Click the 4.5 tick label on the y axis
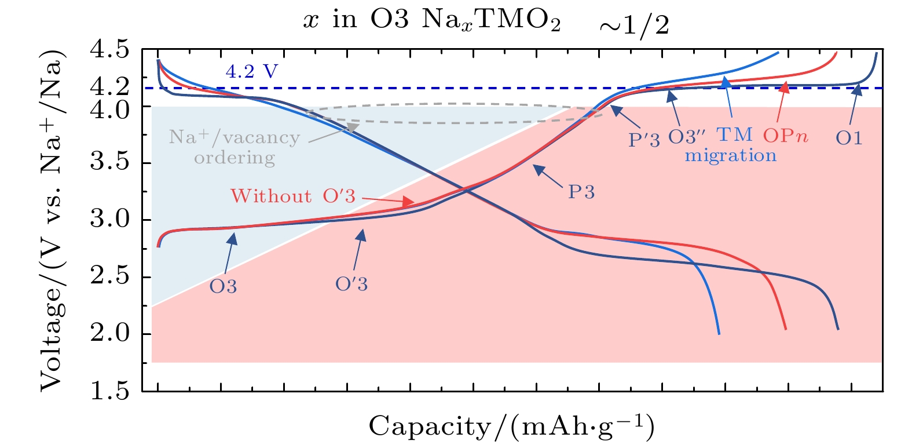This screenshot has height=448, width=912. coord(109,50)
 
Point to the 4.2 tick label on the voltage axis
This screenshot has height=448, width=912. coord(109,87)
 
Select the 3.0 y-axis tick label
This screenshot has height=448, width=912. coord(109,220)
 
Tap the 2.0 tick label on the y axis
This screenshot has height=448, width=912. coord(109,334)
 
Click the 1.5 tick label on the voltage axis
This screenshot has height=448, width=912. coord(109,391)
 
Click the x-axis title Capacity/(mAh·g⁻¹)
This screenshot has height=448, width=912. coord(512,427)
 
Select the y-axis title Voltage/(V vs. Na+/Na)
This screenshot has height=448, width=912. coord(52,220)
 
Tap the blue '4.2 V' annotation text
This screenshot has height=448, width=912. coord(252,72)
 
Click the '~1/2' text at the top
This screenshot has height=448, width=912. coord(633,26)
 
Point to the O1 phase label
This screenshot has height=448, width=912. coord(849,138)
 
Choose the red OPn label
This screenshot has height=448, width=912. coord(785,136)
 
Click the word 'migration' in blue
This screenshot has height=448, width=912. coord(731,156)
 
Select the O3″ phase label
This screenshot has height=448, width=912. coord(687,137)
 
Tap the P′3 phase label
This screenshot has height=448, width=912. coord(644,140)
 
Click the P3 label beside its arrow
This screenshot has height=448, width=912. coord(581,192)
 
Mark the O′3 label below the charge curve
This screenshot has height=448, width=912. coord(351,284)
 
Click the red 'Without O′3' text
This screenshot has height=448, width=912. coord(293,196)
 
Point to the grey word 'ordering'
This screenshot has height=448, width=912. coord(235,158)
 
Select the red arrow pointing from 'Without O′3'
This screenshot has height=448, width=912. coord(388,200)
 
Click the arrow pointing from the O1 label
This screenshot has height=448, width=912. coord(853,105)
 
